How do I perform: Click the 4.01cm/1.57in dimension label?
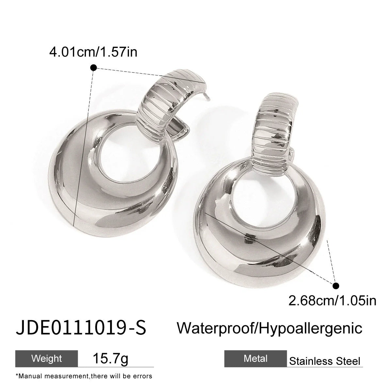(93, 52)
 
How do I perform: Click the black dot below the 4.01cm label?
(93, 68)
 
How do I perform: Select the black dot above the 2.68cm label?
(336, 286)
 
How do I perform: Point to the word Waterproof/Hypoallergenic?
(269, 328)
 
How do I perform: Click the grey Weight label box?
(47, 359)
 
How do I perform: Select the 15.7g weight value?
(110, 359)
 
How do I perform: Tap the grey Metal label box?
(255, 359)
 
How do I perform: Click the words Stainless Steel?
(325, 361)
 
